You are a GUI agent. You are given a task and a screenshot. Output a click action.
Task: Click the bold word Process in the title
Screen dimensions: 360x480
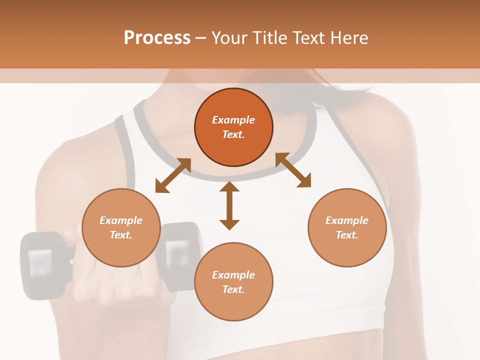click(x=157, y=38)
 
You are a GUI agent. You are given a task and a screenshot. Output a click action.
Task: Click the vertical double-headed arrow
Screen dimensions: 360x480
click(x=229, y=205)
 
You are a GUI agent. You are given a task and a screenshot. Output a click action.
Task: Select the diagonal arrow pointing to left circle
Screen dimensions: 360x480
click(x=173, y=175)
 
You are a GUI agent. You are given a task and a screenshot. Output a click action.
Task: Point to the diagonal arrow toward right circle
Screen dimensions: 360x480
click(x=293, y=170)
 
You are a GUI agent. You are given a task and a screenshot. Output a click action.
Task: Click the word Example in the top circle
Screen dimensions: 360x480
click(x=233, y=120)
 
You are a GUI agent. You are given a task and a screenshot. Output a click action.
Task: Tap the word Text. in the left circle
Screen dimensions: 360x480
click(x=121, y=235)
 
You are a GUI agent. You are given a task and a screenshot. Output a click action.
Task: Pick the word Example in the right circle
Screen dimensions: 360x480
click(x=347, y=220)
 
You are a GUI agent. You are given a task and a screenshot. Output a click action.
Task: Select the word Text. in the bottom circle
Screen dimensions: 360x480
click(x=233, y=289)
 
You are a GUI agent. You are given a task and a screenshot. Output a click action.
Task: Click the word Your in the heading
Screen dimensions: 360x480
click(x=227, y=38)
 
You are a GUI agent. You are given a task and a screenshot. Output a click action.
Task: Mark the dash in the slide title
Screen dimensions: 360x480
click(x=200, y=38)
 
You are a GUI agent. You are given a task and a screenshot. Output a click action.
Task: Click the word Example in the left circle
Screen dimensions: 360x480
click(x=121, y=220)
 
